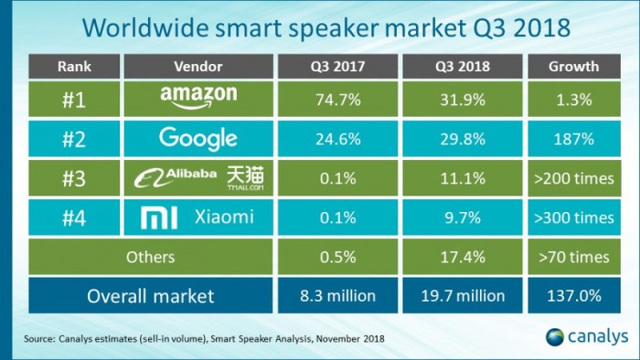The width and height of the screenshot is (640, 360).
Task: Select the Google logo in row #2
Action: coord(198,138)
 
